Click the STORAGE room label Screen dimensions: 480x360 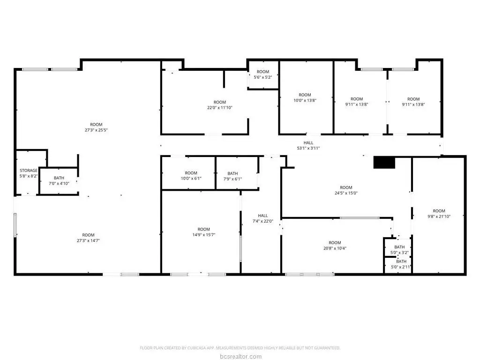pos(29,171)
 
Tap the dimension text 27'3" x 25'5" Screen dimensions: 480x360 pos(96,130)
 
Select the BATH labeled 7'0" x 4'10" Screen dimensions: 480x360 pos(59,180)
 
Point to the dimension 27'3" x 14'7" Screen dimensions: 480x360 pos(88,240)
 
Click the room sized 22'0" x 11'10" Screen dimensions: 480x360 pos(220,105)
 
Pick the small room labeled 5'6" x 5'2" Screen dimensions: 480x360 pos(263,75)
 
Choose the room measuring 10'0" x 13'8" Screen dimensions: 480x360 pos(305,97)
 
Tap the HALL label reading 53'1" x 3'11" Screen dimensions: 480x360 pos(308,145)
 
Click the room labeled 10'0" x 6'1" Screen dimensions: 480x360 pos(191,176)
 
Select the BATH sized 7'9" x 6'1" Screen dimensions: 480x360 pos(232,176)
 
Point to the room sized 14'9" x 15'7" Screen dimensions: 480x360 pos(204,232)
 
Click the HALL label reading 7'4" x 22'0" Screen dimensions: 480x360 pos(262,218)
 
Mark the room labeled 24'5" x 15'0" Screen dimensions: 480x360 pos(346,190)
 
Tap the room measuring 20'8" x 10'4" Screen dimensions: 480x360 pos(335,246)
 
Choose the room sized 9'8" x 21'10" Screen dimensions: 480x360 pos(439,214)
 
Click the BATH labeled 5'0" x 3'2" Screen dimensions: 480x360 pos(399,250)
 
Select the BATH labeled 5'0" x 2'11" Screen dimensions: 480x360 pos(401,264)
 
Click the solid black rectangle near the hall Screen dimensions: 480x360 pos(384,163)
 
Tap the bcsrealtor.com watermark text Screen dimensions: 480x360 pos(240,356)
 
